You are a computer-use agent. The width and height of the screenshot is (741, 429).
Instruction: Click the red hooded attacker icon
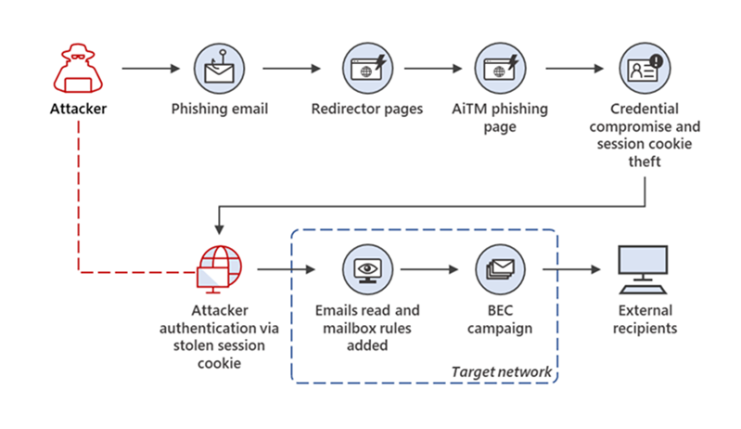point(78,70)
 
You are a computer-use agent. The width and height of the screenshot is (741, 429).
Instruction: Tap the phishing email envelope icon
point(219,70)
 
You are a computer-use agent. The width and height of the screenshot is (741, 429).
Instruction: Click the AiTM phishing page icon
point(502,70)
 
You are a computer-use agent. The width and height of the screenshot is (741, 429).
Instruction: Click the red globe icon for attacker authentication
point(219,268)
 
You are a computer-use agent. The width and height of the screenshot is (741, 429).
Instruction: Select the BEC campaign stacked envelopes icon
point(502,269)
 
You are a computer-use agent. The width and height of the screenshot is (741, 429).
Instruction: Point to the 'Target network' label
point(502,371)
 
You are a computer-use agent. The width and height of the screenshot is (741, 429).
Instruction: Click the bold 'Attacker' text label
point(78,110)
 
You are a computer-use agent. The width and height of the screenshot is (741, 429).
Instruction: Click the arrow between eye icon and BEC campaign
point(430,270)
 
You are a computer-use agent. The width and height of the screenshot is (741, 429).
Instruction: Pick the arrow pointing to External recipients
point(571,270)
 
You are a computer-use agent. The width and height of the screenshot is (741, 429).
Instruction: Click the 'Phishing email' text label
point(220,110)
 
